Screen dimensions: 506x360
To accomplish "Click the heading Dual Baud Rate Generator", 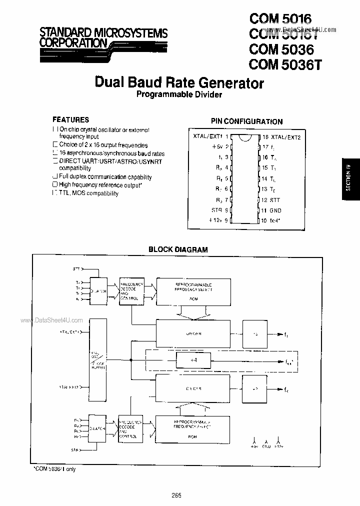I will click(179, 82).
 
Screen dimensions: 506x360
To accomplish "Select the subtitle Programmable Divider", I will click(179, 94).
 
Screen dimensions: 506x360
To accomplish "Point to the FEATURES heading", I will click(71, 120).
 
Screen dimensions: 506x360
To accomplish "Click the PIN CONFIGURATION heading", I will click(246, 121).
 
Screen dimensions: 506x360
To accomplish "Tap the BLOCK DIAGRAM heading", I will click(178, 249).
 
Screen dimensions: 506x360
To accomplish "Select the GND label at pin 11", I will click(275, 211).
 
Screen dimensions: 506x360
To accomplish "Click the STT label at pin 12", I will click(275, 199).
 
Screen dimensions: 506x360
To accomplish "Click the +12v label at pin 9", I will click(216, 220).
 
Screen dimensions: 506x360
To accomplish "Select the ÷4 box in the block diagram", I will click(193, 360).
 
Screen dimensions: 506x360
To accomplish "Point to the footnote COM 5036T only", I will click(55, 469).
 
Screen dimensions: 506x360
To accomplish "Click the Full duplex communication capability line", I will click(105, 177).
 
